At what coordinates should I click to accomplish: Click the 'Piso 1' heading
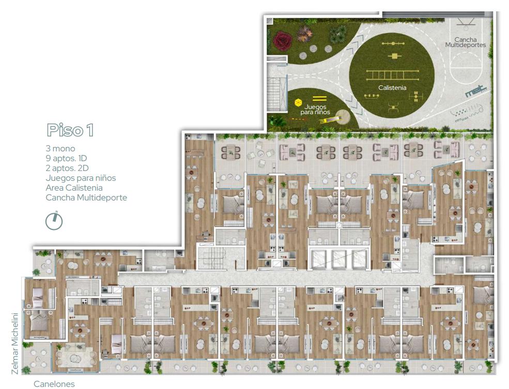[x=70, y=130]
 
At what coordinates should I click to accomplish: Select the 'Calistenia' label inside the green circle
[x=392, y=88]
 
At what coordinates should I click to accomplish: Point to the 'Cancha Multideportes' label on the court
[x=465, y=42]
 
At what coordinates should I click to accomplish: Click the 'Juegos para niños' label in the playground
[x=315, y=110]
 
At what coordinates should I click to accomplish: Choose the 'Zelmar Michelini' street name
[x=15, y=343]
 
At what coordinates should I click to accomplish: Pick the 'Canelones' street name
[x=54, y=384]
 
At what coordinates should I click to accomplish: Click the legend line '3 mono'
[x=60, y=149]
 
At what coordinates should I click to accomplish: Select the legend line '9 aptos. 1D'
[x=66, y=158]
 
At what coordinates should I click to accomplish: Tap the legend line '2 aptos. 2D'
[x=67, y=168]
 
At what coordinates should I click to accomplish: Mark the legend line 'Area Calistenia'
[x=74, y=188]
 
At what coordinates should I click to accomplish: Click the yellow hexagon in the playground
[x=298, y=103]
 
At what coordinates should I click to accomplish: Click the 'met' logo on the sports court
[x=476, y=91]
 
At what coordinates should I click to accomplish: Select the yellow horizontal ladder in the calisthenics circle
[x=392, y=75]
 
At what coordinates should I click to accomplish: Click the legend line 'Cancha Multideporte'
[x=86, y=197]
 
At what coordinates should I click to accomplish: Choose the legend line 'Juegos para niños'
[x=81, y=178]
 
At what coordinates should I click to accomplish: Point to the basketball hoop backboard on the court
[x=466, y=21]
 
